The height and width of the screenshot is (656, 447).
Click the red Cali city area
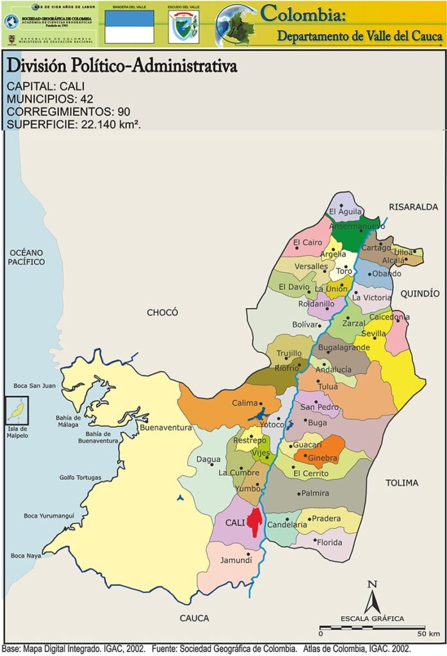point(256,523)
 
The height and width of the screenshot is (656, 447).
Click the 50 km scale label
point(429,634)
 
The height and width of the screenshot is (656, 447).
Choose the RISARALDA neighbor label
point(413,207)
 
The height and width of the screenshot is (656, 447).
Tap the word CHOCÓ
point(162,313)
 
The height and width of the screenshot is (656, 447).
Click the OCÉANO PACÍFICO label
point(27,257)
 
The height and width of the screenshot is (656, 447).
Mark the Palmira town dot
point(299,493)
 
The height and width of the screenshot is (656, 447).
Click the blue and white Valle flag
point(129,26)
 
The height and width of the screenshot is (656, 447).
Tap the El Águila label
point(345,212)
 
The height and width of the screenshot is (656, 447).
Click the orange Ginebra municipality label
point(323,458)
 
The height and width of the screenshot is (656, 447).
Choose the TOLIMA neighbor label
point(402,482)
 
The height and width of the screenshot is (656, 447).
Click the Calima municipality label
point(244,403)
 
